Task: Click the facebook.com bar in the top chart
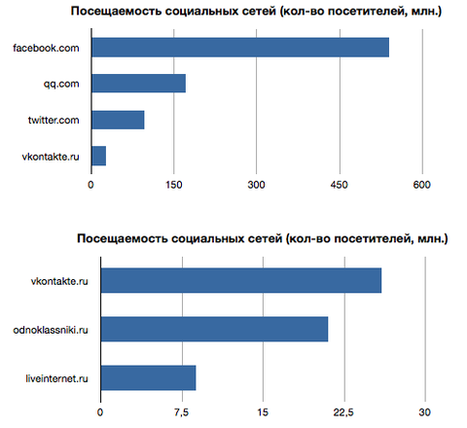coord(240,48)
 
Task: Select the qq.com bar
coord(139,84)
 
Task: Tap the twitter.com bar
coord(118,120)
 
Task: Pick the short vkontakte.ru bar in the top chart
coord(99,156)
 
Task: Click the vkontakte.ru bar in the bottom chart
coord(241,280)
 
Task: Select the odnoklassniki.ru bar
coord(215,329)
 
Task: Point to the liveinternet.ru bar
coord(149,377)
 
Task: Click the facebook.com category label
coord(46,48)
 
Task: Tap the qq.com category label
coord(61,85)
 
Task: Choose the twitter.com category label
coord(54,120)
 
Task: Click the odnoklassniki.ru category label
coord(51,330)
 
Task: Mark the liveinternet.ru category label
coord(57,378)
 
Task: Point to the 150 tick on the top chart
coord(174,185)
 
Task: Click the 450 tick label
coord(340,185)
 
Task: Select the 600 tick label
coord(422,185)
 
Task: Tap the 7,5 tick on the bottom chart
coord(181,412)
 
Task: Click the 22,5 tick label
coord(343,412)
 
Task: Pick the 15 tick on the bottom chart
coord(263,412)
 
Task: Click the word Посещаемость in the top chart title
coord(116,12)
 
